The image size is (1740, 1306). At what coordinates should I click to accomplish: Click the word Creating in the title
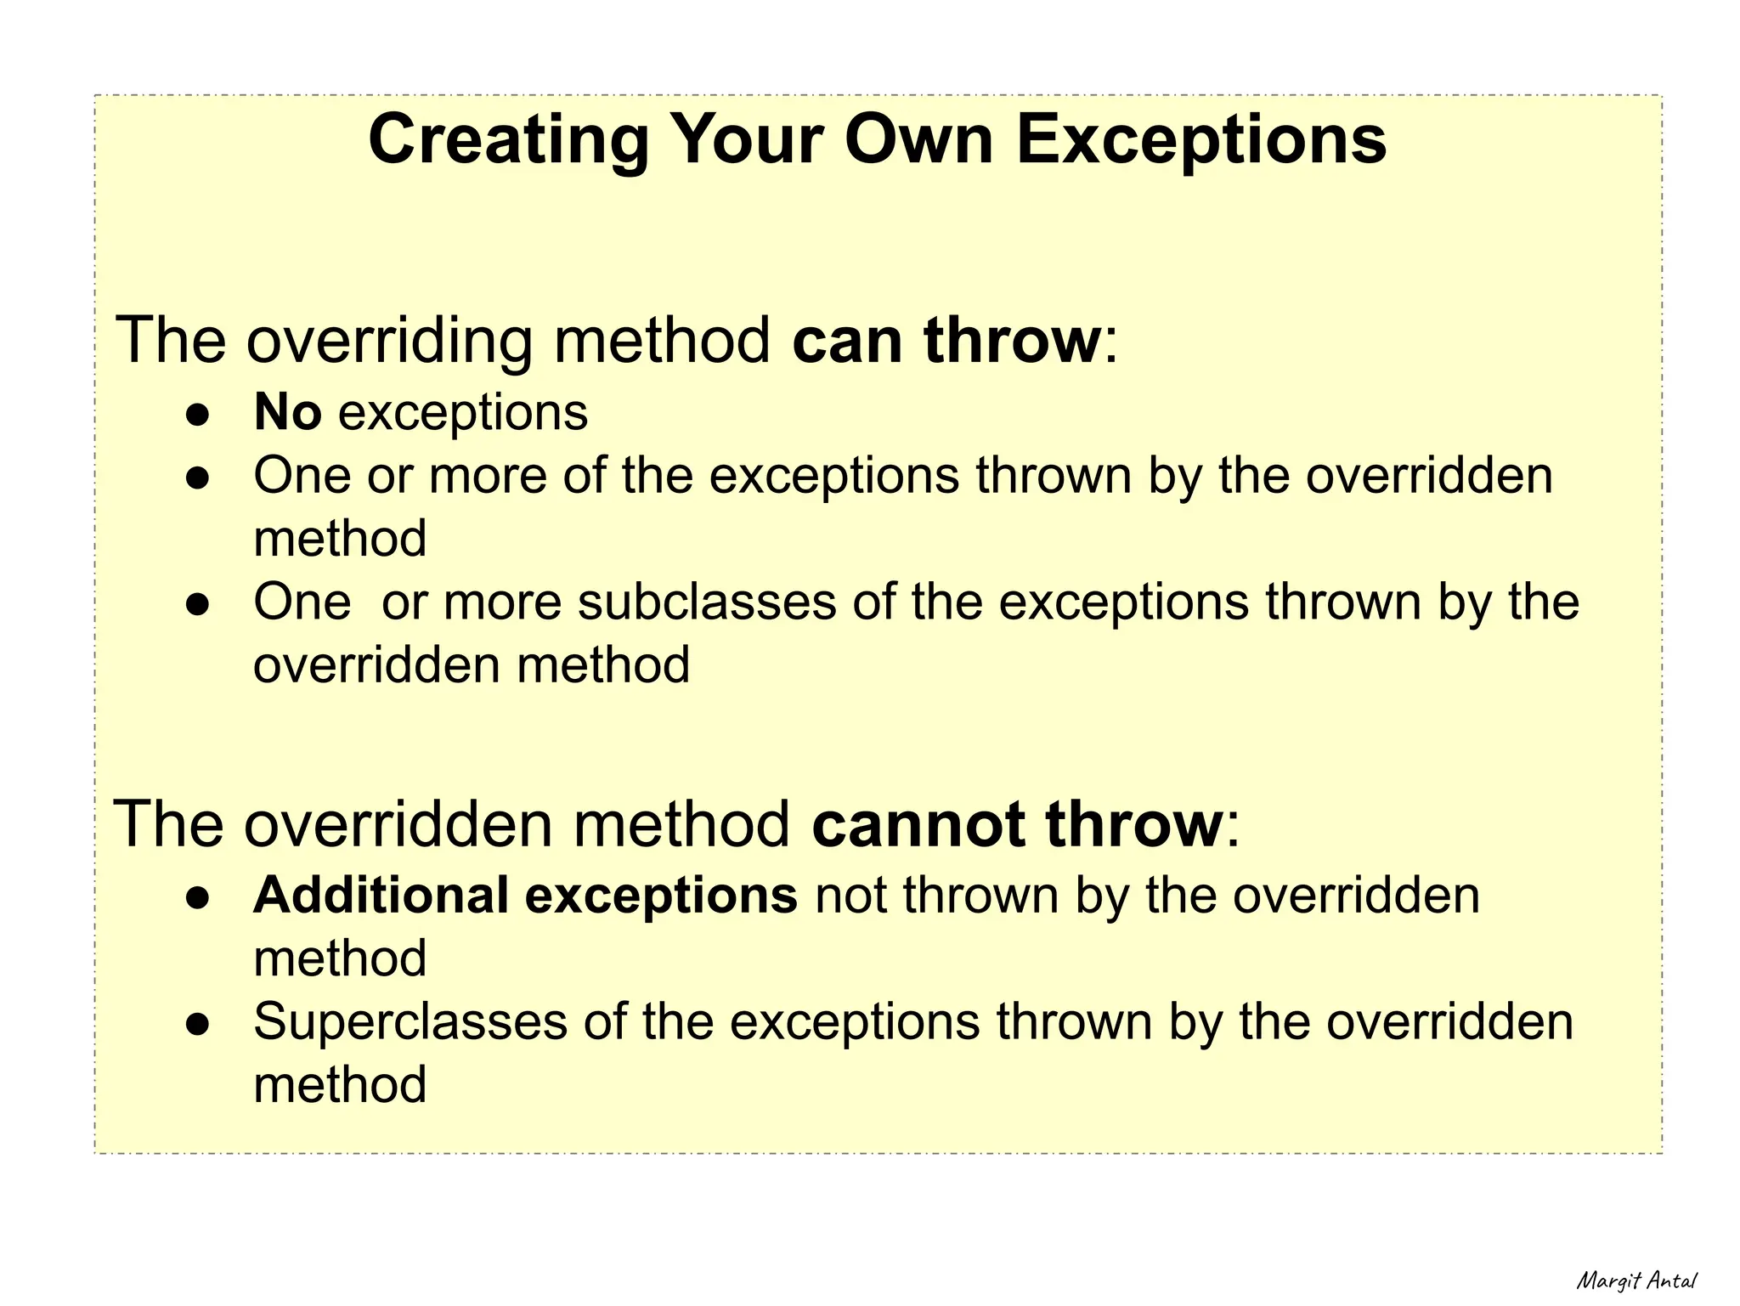508,140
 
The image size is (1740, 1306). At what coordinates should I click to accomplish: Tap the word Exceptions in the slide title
1201,140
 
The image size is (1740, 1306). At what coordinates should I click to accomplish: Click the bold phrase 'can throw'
946,341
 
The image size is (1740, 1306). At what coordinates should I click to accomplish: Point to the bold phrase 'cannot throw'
1017,824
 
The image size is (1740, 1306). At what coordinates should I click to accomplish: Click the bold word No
287,413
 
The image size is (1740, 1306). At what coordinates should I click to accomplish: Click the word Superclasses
410,1021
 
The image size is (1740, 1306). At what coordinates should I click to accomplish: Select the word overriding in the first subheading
389,341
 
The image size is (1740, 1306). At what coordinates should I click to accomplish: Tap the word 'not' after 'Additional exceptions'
850,896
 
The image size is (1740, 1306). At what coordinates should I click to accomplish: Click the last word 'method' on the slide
340,1085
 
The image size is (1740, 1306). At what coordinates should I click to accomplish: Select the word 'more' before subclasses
502,602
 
